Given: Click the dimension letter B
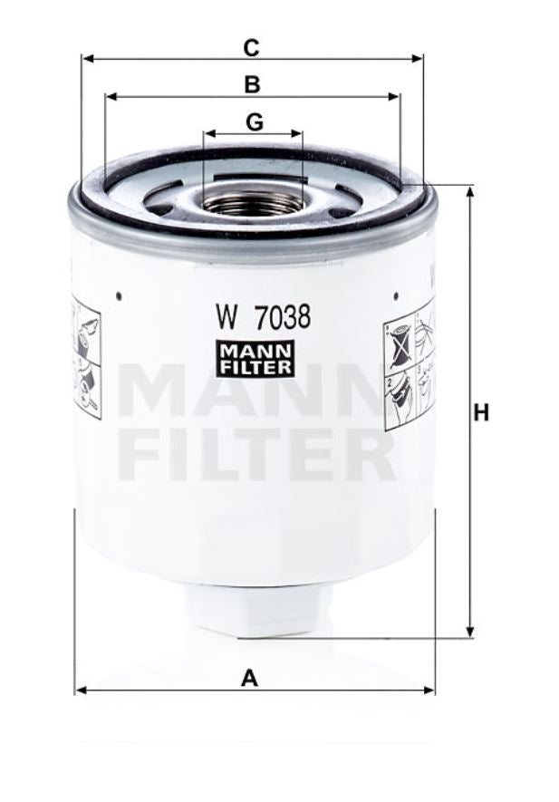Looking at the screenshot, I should pos(253,84).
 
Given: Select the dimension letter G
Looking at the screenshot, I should pos(255,121).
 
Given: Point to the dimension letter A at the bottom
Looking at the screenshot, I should pos(250,676).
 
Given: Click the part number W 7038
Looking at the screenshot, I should pos(263,318).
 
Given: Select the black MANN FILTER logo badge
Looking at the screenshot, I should pos(255,357).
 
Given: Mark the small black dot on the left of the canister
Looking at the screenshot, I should pos(119,294).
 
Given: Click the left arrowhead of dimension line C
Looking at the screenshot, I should pos(85,59).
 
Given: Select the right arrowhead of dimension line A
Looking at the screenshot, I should pos(431,691).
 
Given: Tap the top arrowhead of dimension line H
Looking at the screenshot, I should pos(469,189).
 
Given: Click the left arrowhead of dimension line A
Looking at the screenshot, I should pos(79,691).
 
